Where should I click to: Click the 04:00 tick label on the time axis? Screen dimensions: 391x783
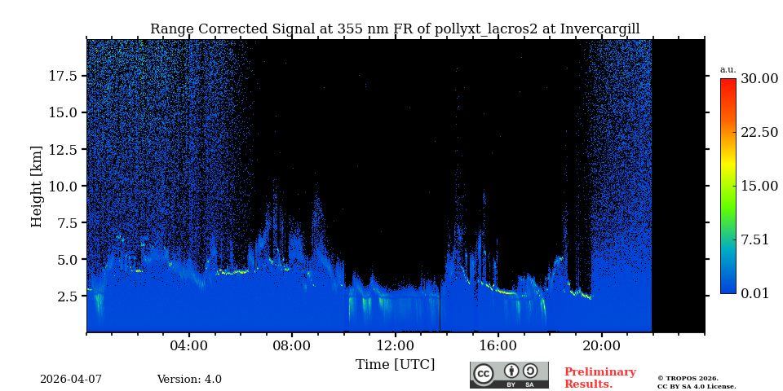189,346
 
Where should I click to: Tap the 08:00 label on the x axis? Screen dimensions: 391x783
292,346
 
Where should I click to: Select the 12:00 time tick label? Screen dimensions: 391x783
395,346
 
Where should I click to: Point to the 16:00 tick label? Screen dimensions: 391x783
498,346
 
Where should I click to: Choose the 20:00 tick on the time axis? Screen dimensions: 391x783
601,346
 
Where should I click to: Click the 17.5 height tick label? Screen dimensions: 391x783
63,76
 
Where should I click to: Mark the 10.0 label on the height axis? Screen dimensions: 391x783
63,187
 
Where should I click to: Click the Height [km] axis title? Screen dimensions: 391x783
37,186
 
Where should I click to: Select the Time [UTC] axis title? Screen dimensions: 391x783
395,365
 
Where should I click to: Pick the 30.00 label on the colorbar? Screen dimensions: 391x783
759,79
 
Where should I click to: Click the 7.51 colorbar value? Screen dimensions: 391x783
754,239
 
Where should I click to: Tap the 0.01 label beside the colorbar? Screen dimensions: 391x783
754,293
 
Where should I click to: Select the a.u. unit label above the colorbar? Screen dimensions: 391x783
728,69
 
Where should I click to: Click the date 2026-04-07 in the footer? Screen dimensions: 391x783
71,380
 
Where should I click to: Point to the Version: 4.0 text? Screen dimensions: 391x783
189,380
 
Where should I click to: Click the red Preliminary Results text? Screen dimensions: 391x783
599,378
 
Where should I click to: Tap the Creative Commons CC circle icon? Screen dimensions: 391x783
484,374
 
